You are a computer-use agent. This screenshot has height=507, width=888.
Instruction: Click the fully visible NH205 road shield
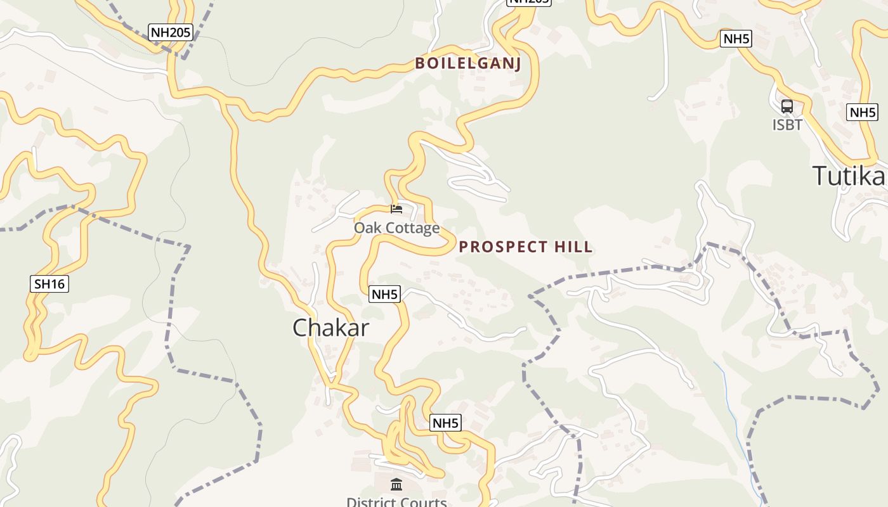[171, 32]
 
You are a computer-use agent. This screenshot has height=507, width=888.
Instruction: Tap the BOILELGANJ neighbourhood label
[468, 63]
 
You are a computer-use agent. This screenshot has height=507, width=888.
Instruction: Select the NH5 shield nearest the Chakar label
[384, 294]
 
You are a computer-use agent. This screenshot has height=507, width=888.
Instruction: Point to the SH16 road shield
[49, 284]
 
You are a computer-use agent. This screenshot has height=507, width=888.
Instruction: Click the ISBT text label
[787, 125]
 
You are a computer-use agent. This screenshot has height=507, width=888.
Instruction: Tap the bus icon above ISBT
[787, 106]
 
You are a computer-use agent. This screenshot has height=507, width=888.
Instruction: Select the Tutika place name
[849, 176]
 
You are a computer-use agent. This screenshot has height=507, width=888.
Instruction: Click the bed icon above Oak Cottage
[396, 209]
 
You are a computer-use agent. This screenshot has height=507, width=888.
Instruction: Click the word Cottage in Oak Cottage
[412, 228]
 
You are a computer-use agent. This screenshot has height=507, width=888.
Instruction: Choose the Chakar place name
[330, 328]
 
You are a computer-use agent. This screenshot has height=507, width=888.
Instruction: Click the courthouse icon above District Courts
[396, 485]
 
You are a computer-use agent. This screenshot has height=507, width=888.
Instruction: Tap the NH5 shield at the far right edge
[862, 113]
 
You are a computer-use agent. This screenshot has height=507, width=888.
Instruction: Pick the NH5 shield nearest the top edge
[736, 39]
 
